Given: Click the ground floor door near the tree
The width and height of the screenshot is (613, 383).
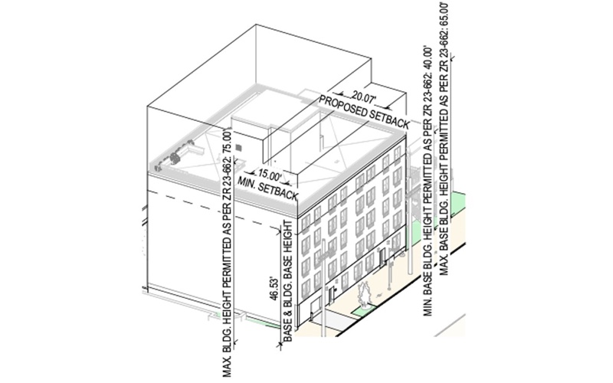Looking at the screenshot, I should (330, 296).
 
